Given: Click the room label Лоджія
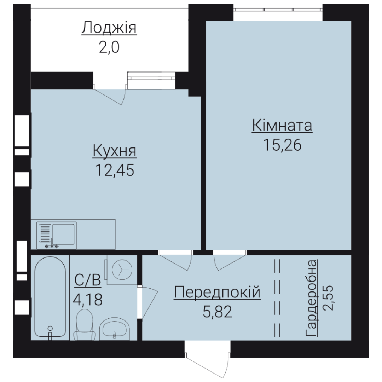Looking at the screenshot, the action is click(109, 28).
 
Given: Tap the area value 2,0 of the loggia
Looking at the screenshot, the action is click(109, 47).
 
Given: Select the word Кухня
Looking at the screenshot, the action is click(114, 151).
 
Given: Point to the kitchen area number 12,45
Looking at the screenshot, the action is click(115, 170).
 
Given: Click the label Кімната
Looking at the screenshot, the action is click(282, 126).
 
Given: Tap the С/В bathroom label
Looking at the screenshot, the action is click(87, 280).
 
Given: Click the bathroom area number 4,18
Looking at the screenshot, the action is click(87, 300).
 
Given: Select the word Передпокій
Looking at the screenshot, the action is click(217, 293).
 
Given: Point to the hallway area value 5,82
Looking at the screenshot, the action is click(217, 312).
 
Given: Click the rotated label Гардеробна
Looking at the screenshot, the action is click(312, 298).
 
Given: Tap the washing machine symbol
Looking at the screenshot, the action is click(122, 270).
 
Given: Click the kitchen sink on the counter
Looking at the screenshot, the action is click(57, 236).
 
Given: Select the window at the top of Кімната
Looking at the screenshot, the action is click(278, 10).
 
